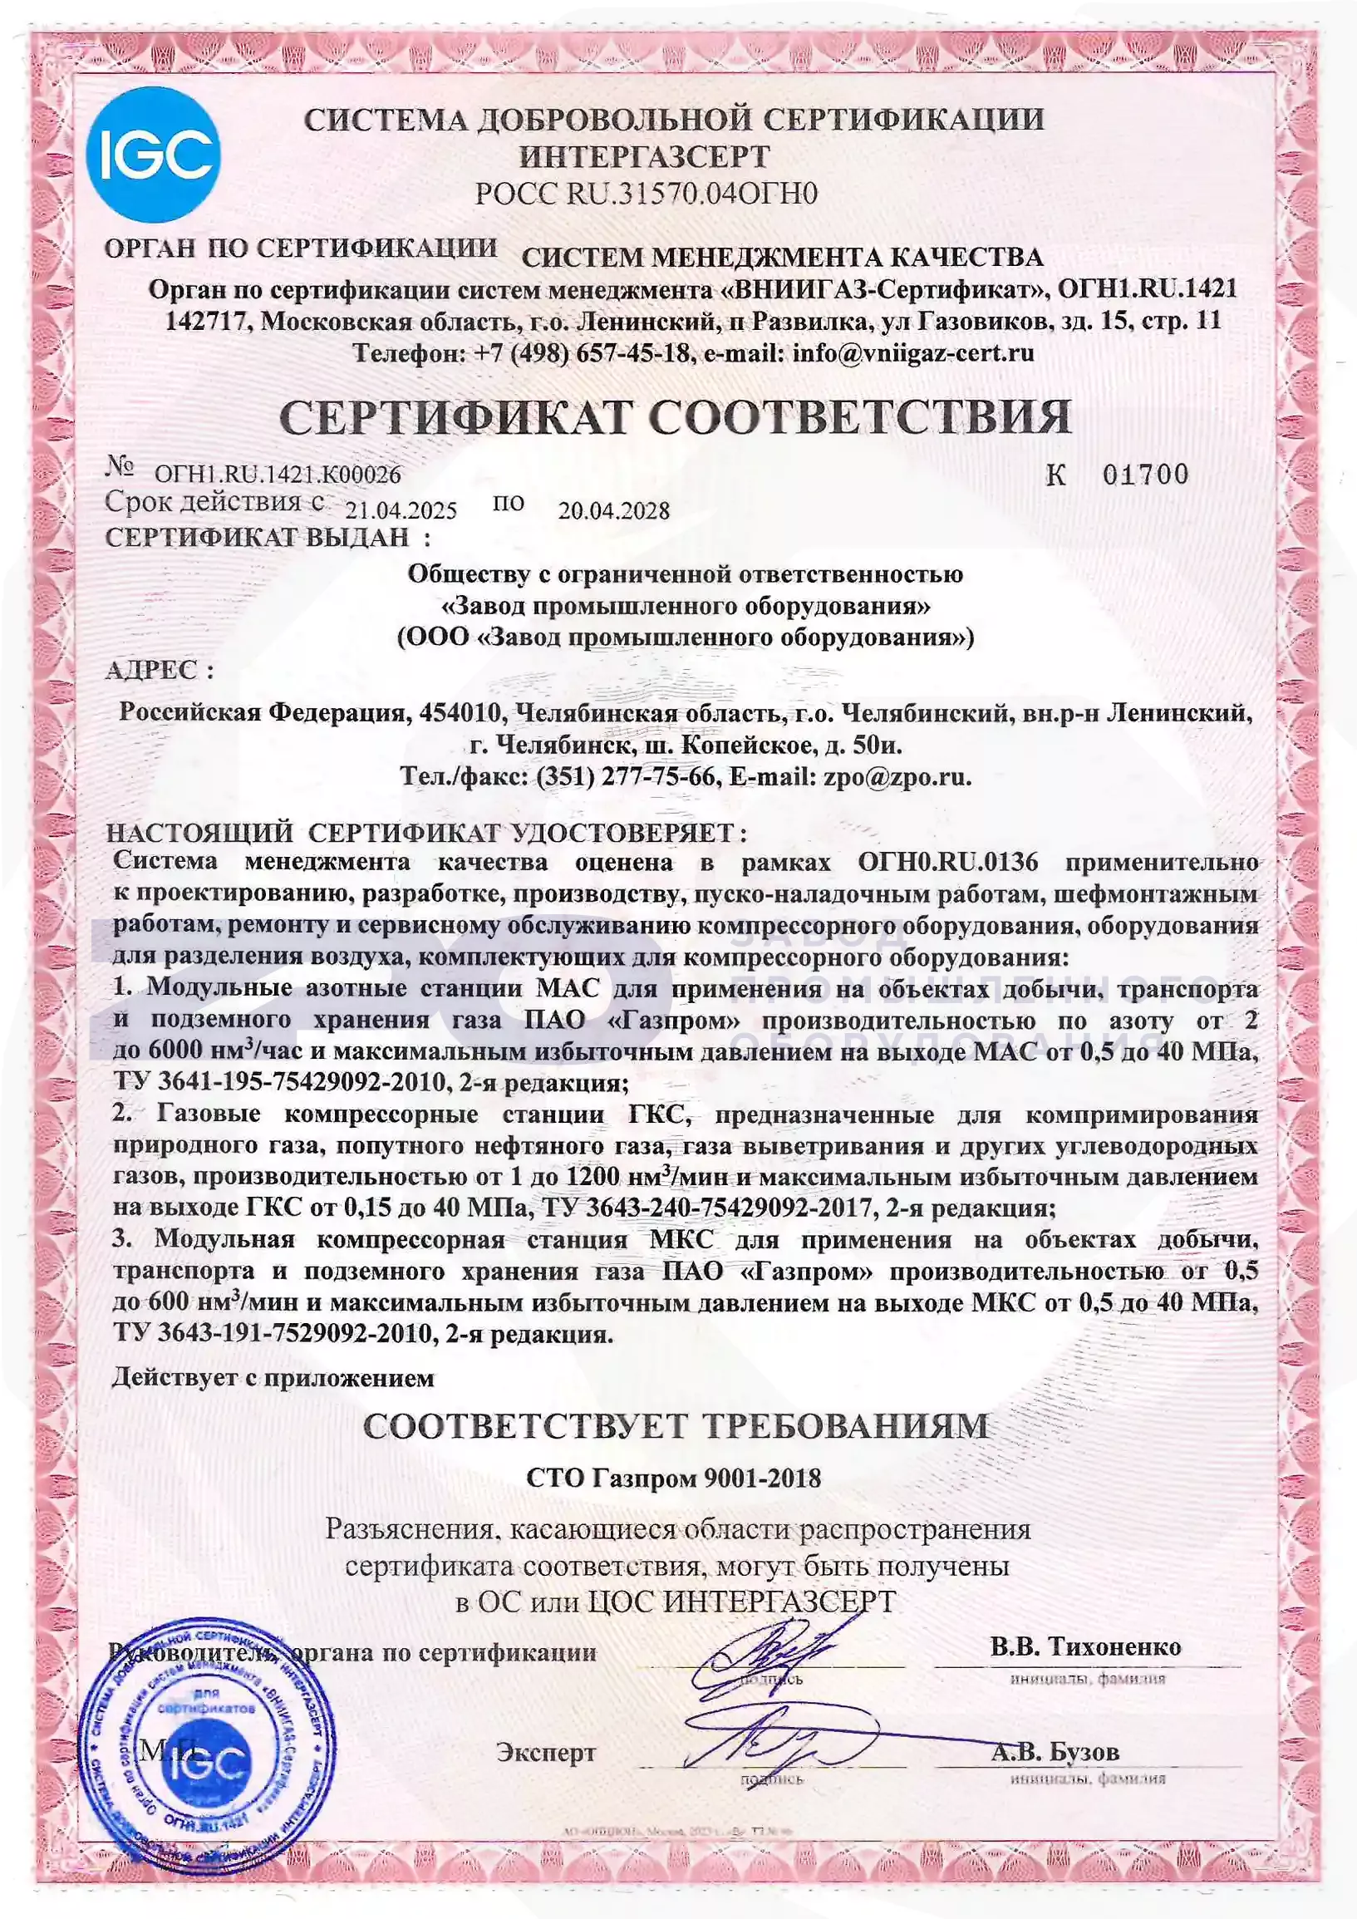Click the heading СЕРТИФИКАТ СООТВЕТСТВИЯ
click(x=675, y=416)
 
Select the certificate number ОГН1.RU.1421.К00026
click(x=278, y=475)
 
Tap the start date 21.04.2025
click(x=401, y=510)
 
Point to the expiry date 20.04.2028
click(x=614, y=510)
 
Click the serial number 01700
click(x=1145, y=475)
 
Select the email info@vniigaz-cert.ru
click(x=913, y=352)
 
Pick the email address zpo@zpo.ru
click(x=897, y=776)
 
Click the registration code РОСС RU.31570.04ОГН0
click(x=646, y=194)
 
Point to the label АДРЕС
click(x=159, y=670)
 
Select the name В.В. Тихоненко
click(x=1085, y=1646)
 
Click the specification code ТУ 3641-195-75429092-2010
click(x=278, y=1083)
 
